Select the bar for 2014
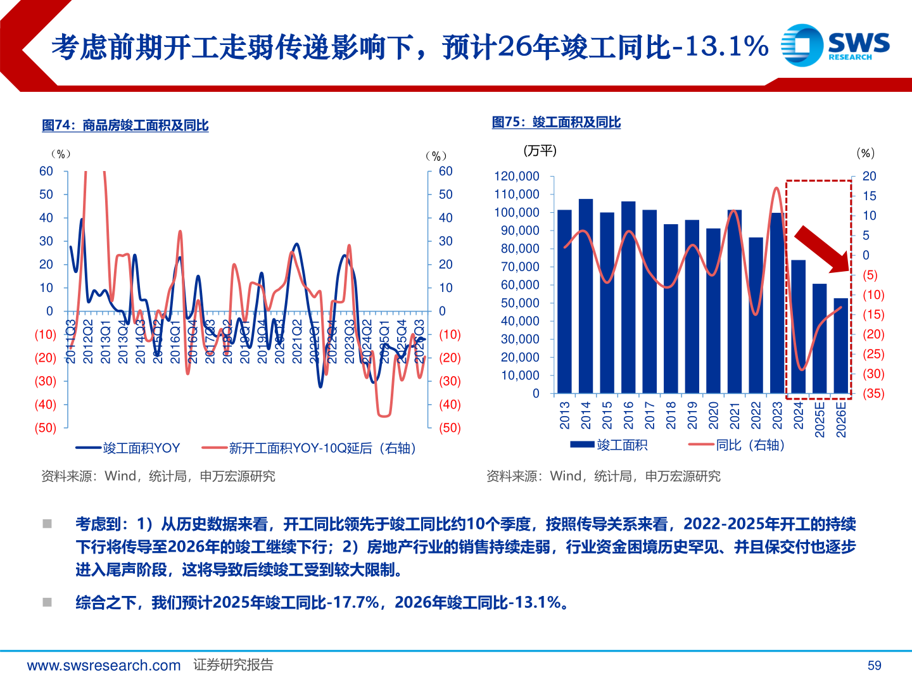pos(586,296)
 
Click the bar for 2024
pos(799,326)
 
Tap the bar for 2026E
pos(841,346)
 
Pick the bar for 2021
pos(735,301)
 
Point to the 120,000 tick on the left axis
pos(516,176)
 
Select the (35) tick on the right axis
pos(873,393)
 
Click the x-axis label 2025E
pos(820,419)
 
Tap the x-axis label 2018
pos(671,415)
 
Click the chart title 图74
pos(125,125)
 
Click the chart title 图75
pos(556,122)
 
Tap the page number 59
pos(874,665)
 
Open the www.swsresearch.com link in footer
pos(104,665)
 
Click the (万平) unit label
pos(540,151)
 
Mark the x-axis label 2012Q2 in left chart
pos(88,341)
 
